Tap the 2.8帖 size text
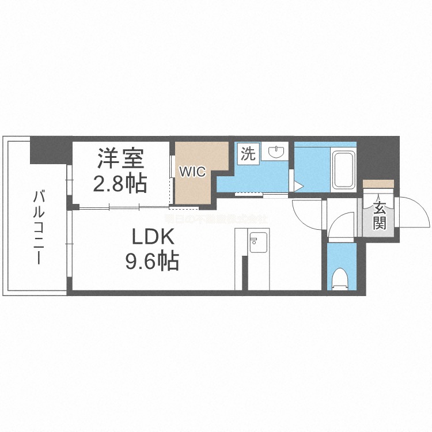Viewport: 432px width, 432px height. tap(120, 183)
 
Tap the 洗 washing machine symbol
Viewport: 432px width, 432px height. tap(248, 153)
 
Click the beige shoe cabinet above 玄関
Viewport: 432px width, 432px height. tap(378, 184)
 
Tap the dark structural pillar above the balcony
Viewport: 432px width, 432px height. tap(51, 149)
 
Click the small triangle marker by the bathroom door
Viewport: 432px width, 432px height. tap(298, 185)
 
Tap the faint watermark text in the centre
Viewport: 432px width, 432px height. tap(215, 219)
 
